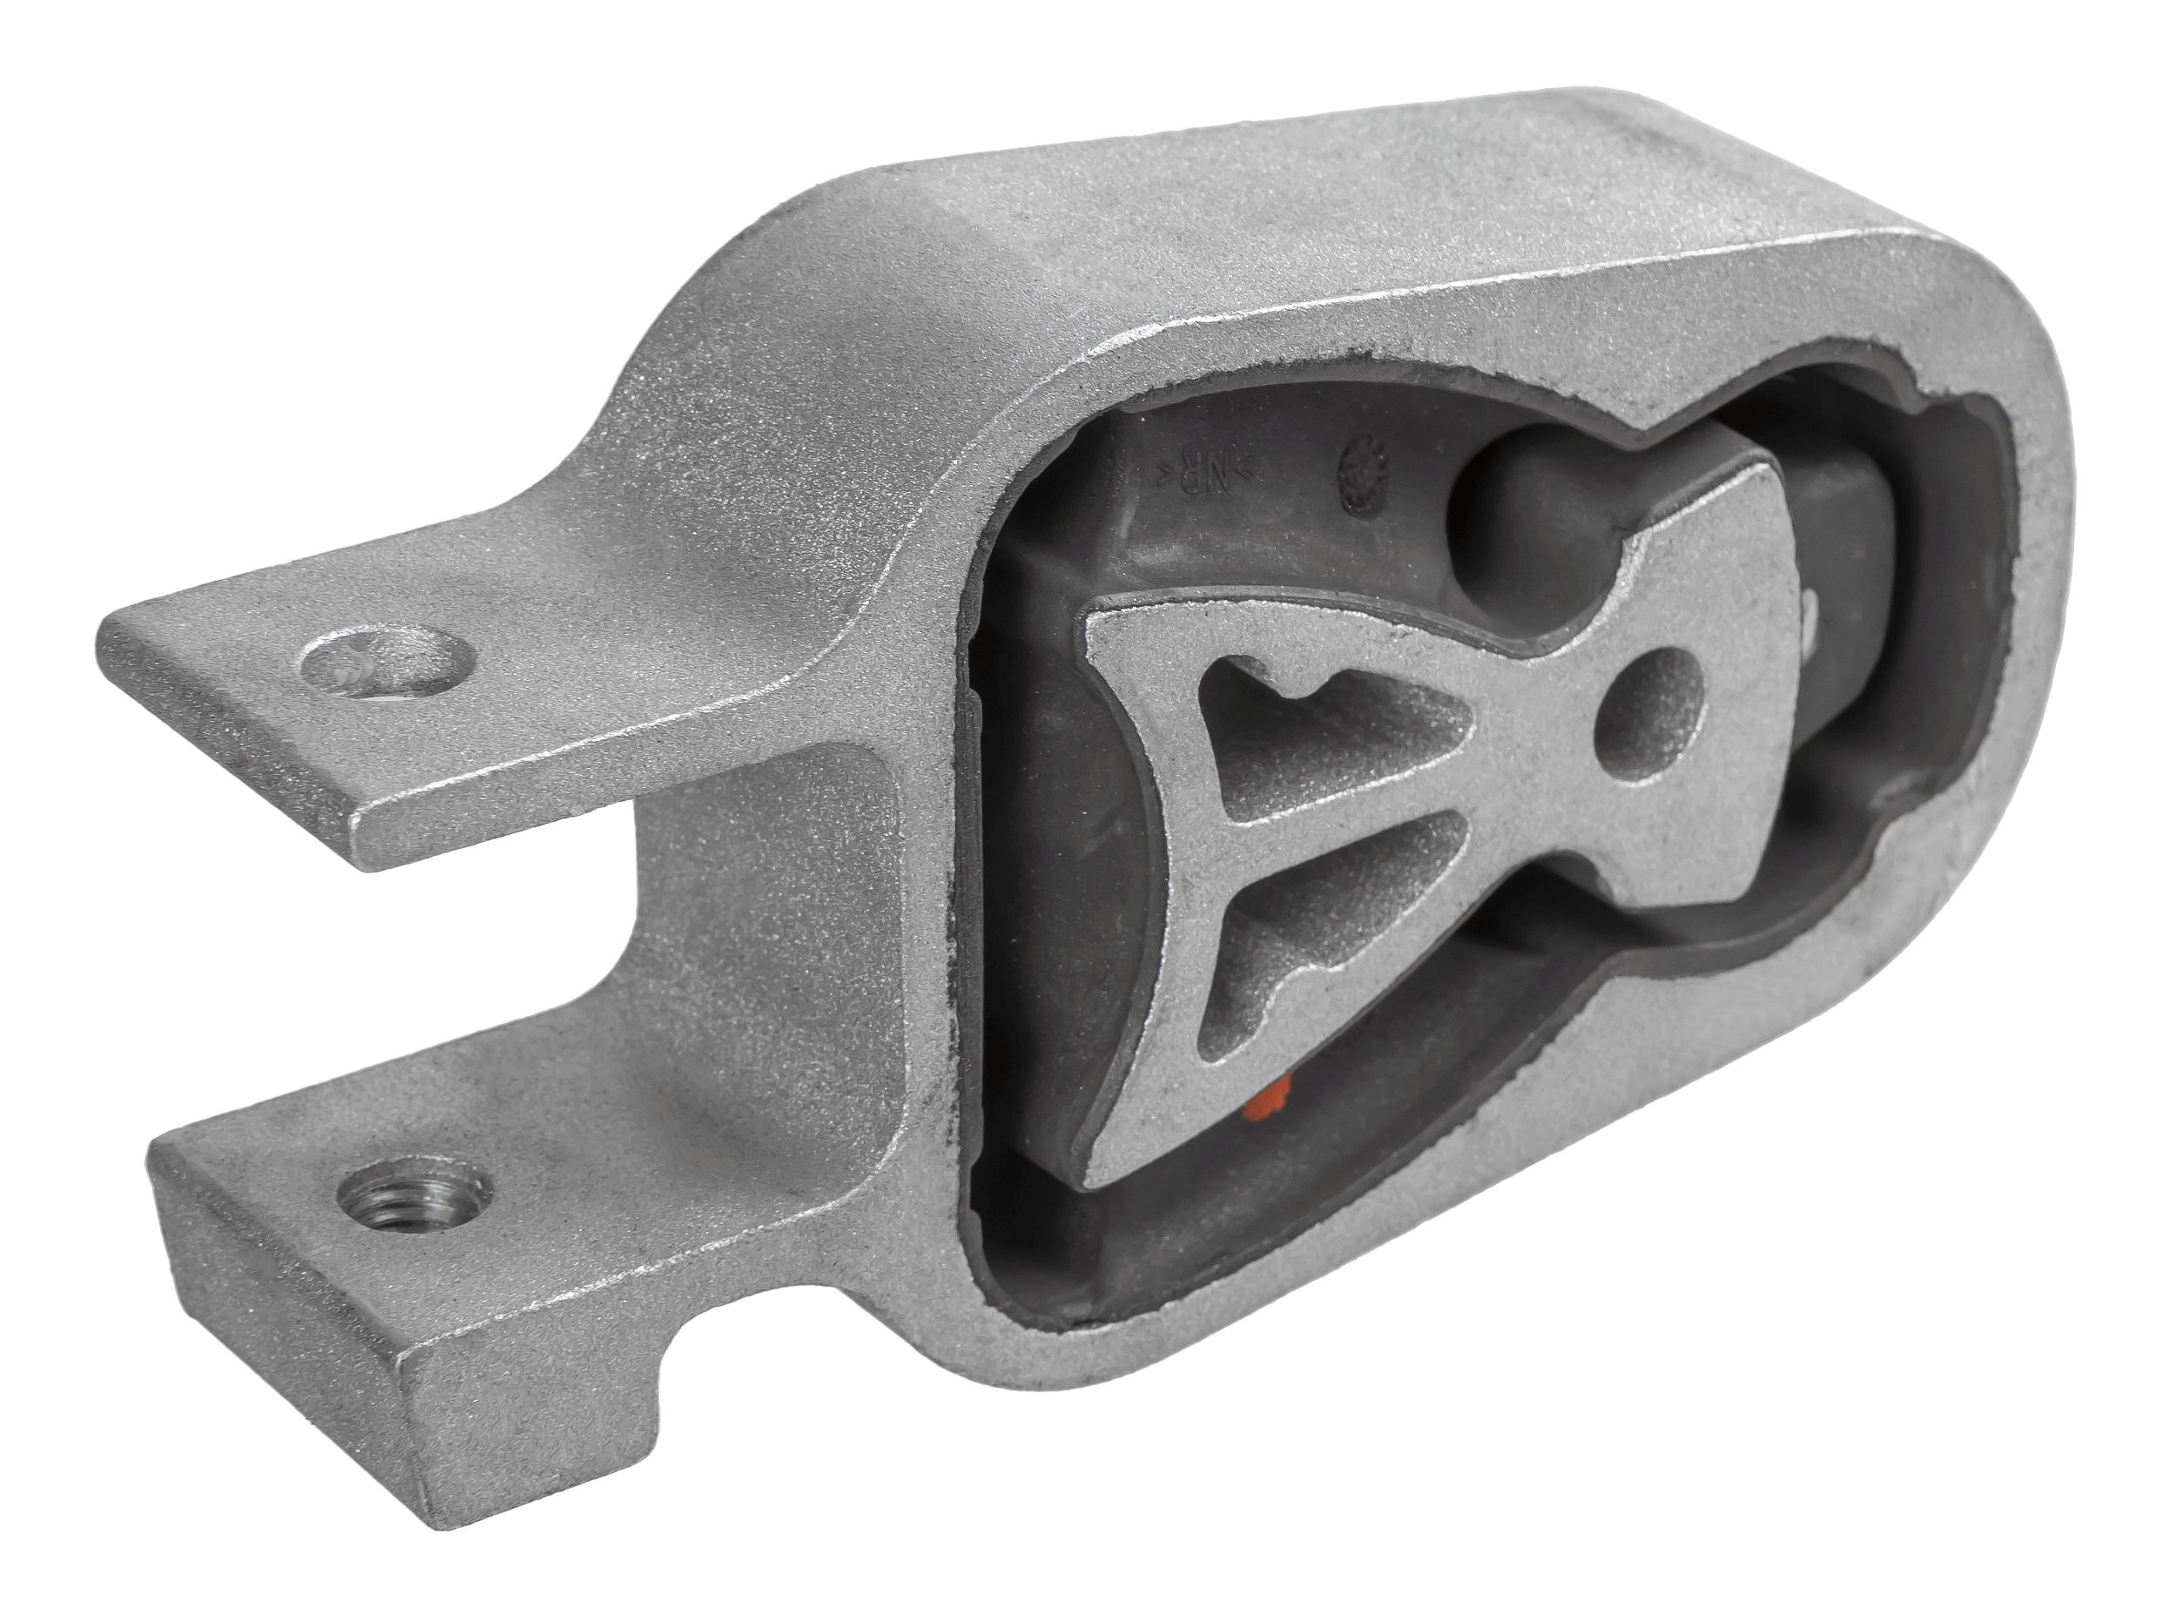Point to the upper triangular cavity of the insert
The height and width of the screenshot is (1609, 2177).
click(x=1324, y=740)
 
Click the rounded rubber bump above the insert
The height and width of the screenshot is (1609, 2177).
click(x=1520, y=487)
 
